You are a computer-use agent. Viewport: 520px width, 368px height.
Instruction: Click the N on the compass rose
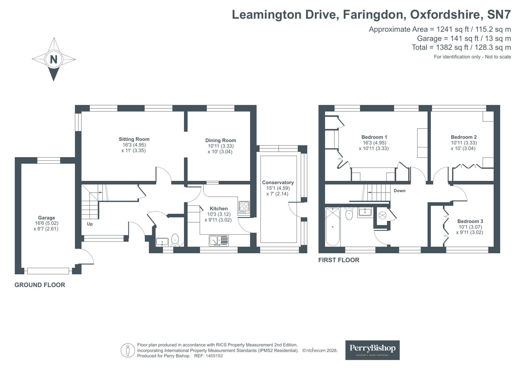[x=54, y=60]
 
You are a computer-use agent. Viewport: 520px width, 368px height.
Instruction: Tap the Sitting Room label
[x=134, y=139]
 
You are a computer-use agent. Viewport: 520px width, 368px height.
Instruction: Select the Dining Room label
[x=220, y=140]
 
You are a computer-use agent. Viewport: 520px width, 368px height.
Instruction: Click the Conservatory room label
[x=278, y=183]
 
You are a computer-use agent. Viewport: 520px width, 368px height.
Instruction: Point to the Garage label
[x=47, y=218]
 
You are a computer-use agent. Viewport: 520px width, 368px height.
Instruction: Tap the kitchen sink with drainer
[x=219, y=240]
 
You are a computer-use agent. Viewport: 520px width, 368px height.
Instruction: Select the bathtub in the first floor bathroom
[x=333, y=226]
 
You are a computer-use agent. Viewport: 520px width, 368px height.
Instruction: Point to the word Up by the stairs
[x=90, y=224]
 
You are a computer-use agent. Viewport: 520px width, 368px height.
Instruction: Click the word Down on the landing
[x=400, y=191]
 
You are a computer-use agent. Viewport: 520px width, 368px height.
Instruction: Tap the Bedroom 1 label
[x=374, y=137]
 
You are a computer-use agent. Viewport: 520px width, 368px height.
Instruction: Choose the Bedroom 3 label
[x=470, y=221]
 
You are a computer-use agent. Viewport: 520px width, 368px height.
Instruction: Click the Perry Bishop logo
[x=372, y=350]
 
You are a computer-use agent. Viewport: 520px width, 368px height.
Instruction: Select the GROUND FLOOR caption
[x=40, y=285]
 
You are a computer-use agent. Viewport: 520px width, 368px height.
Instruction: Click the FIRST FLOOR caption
[x=339, y=260]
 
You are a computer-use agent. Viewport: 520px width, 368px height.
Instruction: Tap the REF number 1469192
[x=208, y=356]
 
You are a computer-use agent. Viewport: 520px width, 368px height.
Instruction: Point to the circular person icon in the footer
[x=128, y=350]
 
